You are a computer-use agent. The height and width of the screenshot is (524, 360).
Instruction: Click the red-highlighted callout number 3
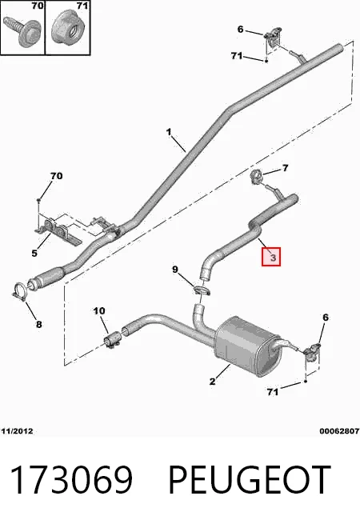point(271,257)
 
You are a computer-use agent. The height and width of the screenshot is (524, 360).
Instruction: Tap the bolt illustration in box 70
point(22,31)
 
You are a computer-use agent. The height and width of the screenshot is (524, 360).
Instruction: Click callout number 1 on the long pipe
point(169,132)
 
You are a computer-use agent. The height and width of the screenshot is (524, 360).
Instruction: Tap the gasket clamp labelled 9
point(202,290)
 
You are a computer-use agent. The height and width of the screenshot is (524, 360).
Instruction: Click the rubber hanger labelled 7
point(256,177)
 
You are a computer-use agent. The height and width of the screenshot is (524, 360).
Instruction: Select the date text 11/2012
point(17,431)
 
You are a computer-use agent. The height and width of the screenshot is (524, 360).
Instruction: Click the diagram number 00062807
point(339,431)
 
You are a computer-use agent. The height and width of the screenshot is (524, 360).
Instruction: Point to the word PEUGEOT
point(250,479)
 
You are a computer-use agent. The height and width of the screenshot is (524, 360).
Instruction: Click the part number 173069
point(71,479)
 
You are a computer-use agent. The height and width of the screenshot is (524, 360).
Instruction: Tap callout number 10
point(99,311)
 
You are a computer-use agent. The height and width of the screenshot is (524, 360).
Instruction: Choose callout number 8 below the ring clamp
point(39,324)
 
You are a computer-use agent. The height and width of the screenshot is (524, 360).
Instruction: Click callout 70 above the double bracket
point(56,176)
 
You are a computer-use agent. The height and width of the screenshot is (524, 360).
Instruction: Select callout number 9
point(175,270)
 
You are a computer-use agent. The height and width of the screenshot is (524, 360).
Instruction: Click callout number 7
point(285,168)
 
